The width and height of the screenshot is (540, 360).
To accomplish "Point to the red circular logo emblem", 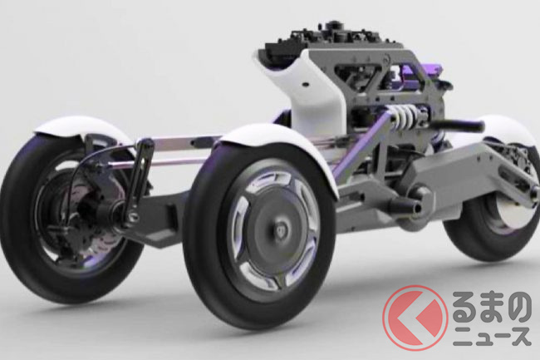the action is coord(415,318).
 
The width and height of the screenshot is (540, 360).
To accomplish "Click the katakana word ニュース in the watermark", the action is coord(492,336).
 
